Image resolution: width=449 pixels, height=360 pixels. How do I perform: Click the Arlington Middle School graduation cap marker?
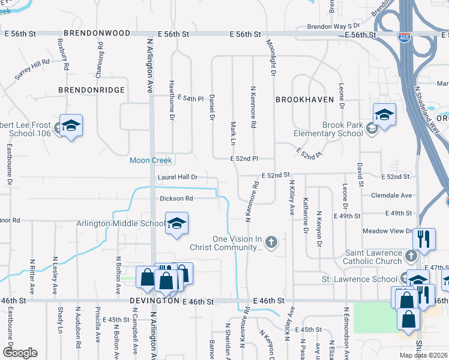pos(176,224)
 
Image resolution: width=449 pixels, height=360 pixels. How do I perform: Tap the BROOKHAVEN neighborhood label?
pos(304,100)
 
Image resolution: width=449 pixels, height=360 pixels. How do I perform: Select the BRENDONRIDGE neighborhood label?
pos(91,89)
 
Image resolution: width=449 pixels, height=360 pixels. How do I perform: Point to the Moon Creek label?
pos(151,160)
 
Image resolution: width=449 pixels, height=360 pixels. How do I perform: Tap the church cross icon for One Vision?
pos(271,242)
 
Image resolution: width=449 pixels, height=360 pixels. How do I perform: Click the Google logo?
pos(20,353)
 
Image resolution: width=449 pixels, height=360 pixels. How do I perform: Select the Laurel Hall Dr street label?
pos(178,178)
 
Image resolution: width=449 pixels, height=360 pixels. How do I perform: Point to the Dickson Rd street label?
pos(176,199)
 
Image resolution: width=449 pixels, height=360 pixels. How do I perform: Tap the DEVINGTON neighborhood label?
pos(154,301)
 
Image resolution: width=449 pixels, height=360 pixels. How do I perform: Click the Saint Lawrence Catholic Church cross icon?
pos(411,256)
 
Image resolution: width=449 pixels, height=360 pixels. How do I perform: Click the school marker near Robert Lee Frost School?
pos(71,125)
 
